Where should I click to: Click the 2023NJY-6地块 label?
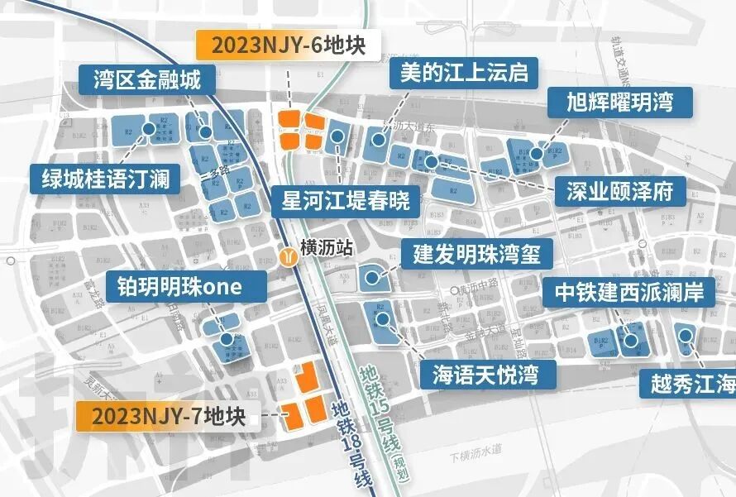[288, 44]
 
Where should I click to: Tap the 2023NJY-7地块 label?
[169, 415]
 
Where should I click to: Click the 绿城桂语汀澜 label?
[105, 178]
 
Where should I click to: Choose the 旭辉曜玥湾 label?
[619, 102]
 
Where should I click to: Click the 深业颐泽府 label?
[620, 192]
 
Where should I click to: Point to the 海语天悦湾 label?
[485, 375]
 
